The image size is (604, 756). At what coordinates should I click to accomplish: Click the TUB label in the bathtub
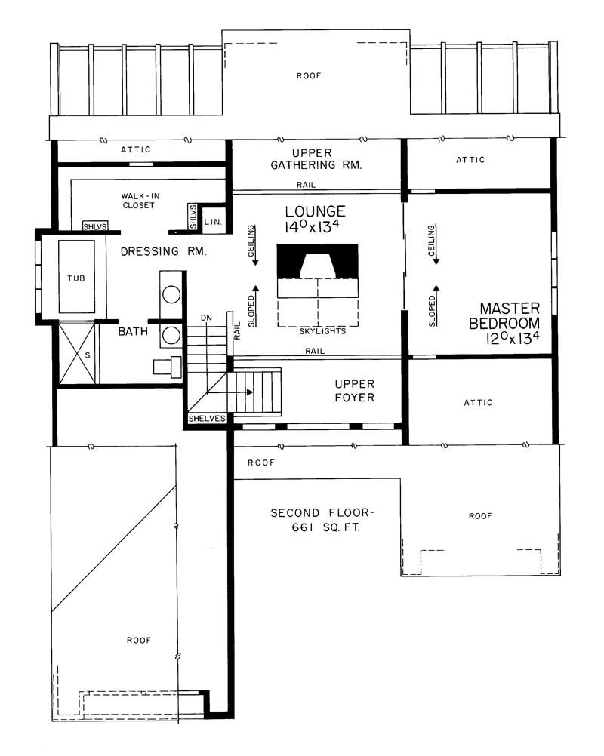tap(75, 277)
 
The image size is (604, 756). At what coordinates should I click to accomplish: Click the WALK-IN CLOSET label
tap(137, 200)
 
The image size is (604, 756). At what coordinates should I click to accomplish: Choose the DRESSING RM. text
tap(164, 250)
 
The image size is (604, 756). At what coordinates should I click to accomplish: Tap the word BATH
tap(131, 330)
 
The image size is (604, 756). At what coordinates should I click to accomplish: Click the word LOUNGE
tap(315, 211)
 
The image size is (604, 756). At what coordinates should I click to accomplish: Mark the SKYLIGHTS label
tap(323, 331)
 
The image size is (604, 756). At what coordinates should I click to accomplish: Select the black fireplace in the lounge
tap(317, 261)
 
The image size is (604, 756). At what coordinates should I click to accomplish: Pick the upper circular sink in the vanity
tap(171, 294)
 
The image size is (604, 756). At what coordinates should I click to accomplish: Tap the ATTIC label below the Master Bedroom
tap(478, 403)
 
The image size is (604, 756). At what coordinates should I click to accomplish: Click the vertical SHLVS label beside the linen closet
tap(193, 217)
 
